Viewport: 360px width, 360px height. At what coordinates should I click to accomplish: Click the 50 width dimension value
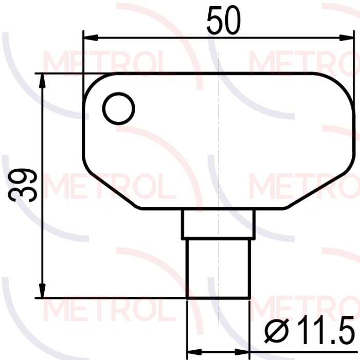point(224,20)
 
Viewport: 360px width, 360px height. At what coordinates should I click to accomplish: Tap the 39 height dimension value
point(23,185)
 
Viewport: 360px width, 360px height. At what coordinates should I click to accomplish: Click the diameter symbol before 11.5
point(276,331)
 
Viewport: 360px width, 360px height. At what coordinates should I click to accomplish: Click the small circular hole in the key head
point(118,109)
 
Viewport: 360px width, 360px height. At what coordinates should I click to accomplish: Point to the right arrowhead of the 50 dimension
point(346,38)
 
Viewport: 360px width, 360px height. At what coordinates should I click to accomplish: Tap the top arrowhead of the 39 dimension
point(42,81)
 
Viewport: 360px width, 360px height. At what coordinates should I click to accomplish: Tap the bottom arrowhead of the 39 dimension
point(42,291)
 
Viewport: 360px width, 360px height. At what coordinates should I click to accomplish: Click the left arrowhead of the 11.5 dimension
point(194,352)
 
